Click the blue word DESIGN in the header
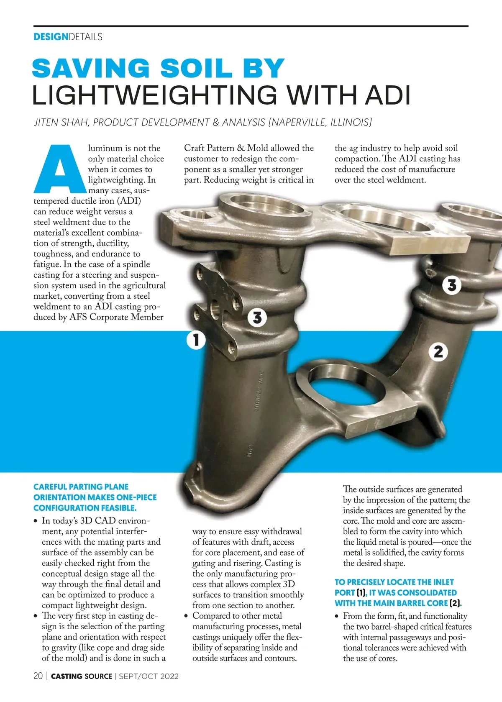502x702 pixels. [x=51, y=37]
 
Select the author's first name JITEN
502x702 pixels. [x=46, y=122]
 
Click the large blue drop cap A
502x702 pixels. [x=60, y=169]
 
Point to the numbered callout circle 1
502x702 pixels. [x=196, y=340]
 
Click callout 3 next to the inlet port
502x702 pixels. [x=257, y=318]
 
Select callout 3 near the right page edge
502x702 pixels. [x=451, y=285]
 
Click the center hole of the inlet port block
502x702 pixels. [x=215, y=309]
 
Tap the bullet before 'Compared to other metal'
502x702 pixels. [x=186, y=616]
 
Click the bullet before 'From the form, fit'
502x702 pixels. [x=337, y=616]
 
